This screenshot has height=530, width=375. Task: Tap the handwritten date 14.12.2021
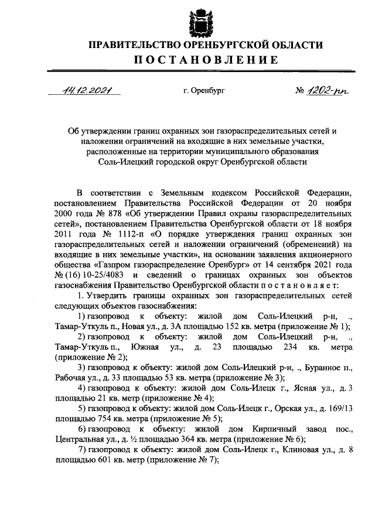click(83, 90)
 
